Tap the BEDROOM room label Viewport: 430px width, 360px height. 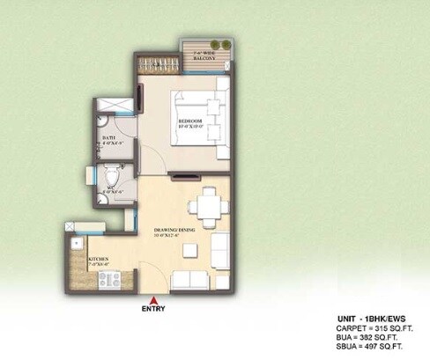click(191, 121)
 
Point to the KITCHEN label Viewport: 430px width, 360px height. click(98, 260)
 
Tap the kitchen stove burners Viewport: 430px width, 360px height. click(110, 280)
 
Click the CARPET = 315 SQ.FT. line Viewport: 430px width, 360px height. click(370, 327)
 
